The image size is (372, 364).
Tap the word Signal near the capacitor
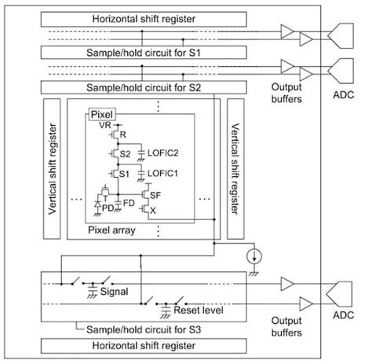click(115, 290)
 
